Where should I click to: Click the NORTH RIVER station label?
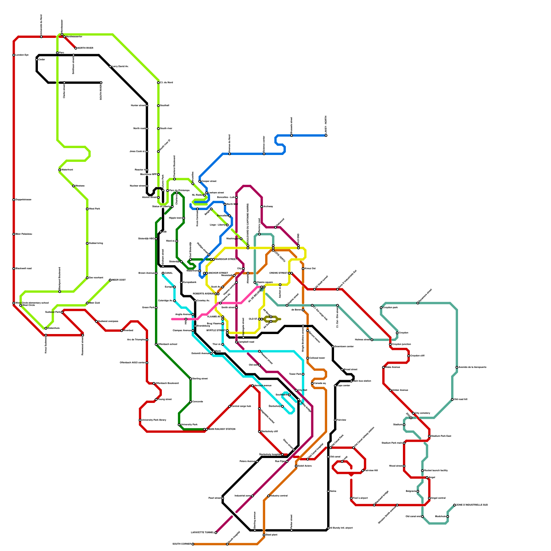point(85,48)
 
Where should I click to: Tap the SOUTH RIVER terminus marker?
point(101,83)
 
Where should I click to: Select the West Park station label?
point(94,209)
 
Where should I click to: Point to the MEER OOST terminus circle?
point(110,280)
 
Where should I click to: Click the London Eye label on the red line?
point(22,55)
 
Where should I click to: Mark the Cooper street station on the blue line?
point(200,181)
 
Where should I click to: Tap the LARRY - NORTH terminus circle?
point(326,135)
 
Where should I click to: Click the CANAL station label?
point(168,273)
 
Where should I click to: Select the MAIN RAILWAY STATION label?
point(222,429)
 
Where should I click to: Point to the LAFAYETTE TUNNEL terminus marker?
point(216,532)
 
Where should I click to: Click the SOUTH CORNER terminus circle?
point(193,544)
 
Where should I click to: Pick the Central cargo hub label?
point(241,406)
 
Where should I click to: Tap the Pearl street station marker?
point(223,498)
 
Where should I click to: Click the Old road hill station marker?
point(452,399)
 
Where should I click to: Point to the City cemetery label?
point(423,413)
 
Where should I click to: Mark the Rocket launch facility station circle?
point(423,470)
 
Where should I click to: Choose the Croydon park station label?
point(391,307)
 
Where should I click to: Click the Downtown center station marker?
point(333,346)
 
